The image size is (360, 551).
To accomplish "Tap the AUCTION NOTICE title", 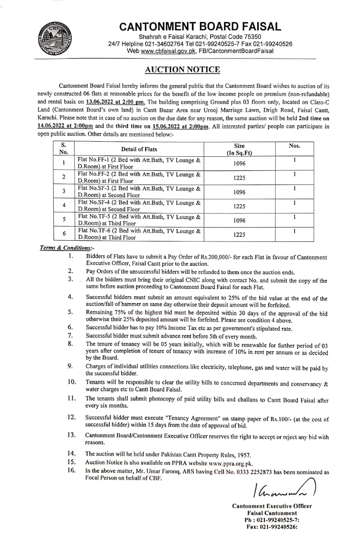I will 183,69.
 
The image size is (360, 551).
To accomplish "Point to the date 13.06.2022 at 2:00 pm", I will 115,102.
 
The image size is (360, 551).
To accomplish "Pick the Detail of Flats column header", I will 138,149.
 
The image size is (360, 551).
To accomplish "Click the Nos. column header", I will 295,146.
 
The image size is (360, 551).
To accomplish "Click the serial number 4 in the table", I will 63,206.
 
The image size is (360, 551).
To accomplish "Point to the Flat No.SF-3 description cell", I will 139,192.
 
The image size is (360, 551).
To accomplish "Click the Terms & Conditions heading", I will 67,248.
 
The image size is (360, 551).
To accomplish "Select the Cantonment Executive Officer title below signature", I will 272,506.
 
